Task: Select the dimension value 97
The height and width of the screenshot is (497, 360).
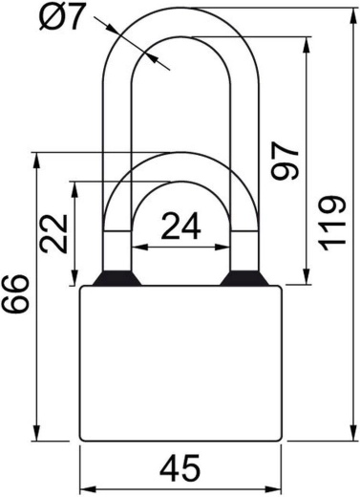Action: (x=286, y=162)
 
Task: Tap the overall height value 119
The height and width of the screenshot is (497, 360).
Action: (x=332, y=223)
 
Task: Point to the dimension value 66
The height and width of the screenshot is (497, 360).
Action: (x=15, y=293)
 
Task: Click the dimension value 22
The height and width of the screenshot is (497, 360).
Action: (x=53, y=234)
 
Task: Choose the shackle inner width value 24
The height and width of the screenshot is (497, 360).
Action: (x=181, y=226)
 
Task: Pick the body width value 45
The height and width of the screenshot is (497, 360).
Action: (x=180, y=468)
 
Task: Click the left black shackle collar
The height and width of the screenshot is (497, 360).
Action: (x=116, y=278)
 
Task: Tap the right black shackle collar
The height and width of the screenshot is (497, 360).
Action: (x=244, y=278)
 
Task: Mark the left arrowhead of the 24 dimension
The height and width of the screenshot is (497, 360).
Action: (x=139, y=247)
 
